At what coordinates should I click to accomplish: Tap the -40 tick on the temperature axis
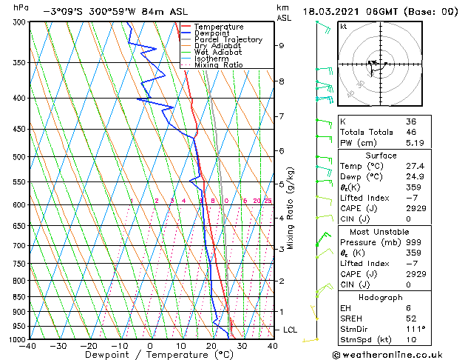point(28,345)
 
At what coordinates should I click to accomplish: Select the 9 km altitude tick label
point(282,45)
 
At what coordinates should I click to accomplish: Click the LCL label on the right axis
point(291,330)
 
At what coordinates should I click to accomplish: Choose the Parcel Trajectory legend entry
point(228,39)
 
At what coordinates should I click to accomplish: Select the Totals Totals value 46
point(410,132)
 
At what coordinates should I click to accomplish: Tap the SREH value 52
point(410,319)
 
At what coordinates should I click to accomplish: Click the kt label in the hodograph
point(344,26)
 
